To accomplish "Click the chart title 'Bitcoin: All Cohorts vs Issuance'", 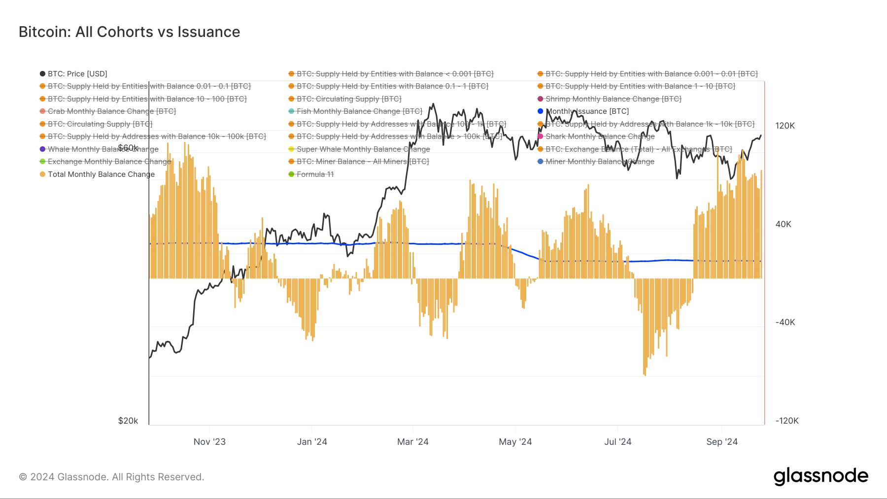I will click(129, 32).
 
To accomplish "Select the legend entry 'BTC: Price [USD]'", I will click(77, 74).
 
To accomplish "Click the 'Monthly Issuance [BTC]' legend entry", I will click(587, 111).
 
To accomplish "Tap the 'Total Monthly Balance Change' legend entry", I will click(101, 174).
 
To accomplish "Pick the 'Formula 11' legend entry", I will click(315, 174).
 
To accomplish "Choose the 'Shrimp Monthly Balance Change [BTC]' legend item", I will click(613, 99).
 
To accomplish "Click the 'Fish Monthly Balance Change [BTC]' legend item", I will click(359, 111).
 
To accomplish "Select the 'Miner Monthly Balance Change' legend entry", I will click(599, 162).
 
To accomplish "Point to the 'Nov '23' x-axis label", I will click(209, 442).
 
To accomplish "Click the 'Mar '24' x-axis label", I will click(412, 442).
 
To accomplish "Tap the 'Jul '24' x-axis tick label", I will click(617, 442).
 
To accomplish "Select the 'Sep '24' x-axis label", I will click(721, 442).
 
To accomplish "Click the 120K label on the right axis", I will click(785, 126).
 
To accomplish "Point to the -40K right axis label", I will click(785, 322).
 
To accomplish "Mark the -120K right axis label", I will click(786, 421).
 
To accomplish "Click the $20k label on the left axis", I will click(128, 421).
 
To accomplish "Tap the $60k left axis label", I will click(128, 148).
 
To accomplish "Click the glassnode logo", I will click(820, 476).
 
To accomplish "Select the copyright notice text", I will click(111, 477).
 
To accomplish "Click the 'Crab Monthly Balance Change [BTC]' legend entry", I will click(111, 111).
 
